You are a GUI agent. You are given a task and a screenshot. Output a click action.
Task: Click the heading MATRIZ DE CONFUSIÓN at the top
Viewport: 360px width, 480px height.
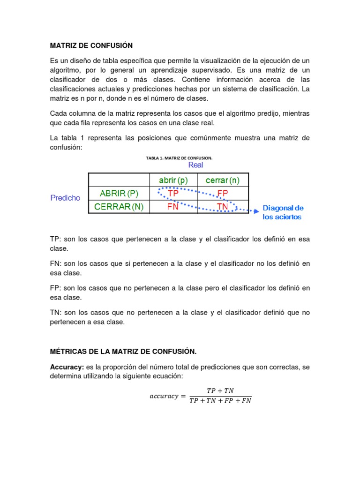click(x=91, y=45)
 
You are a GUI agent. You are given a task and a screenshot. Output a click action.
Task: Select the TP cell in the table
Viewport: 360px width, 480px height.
click(x=173, y=193)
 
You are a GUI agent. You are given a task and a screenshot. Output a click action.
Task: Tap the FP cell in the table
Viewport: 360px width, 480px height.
click(x=223, y=193)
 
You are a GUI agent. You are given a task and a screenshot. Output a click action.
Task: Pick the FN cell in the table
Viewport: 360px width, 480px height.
click(x=173, y=206)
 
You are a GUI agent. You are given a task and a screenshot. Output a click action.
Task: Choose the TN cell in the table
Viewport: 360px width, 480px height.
click(x=223, y=206)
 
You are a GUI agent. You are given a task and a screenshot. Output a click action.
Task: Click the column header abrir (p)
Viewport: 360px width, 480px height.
click(x=173, y=180)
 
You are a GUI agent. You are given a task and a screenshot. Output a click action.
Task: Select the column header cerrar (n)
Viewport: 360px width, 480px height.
click(x=223, y=180)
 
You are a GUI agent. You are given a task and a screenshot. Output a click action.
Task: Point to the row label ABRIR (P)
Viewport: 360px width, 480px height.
click(x=119, y=193)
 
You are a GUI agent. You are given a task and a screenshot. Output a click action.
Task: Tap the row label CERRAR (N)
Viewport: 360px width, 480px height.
click(x=119, y=206)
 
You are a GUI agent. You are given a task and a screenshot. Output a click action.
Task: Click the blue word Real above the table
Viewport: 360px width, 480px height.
click(x=195, y=165)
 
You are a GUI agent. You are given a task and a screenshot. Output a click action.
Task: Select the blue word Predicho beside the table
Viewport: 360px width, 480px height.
click(x=65, y=198)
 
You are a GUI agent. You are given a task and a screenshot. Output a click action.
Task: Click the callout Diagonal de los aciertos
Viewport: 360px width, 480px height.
click(x=283, y=212)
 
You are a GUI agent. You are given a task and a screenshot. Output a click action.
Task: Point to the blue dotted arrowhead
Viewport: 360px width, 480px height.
click(x=256, y=211)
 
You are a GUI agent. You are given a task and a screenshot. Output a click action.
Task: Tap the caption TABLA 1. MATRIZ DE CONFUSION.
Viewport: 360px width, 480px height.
click(x=183, y=158)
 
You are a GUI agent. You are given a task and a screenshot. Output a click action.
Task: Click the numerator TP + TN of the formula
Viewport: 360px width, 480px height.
click(x=220, y=390)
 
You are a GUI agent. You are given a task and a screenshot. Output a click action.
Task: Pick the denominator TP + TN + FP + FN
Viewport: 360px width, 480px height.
click(x=220, y=401)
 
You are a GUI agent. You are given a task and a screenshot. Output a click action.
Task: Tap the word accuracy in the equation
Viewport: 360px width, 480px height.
click(x=164, y=396)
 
